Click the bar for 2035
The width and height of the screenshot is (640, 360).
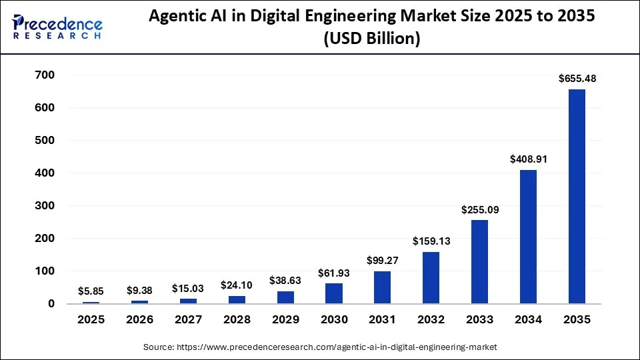tap(577, 197)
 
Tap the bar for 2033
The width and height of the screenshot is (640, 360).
tap(479, 262)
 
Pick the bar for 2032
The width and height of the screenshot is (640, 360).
tap(431, 277)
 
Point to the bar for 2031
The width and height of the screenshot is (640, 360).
tap(382, 287)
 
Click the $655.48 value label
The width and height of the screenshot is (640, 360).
tap(577, 79)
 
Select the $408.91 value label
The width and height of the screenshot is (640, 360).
tap(528, 159)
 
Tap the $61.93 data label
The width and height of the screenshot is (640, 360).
tap(333, 273)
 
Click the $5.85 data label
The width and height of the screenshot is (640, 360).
tap(91, 291)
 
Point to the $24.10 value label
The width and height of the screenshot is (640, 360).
tap(237, 285)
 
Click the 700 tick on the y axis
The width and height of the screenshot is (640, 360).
tap(45, 75)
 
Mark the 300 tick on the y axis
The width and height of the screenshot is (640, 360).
tap(45, 205)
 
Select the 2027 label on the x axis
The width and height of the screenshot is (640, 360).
tap(188, 319)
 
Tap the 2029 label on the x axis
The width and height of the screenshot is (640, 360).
tap(285, 319)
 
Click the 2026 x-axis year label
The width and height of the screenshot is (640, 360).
tap(139, 319)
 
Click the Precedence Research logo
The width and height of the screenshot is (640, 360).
tap(57, 27)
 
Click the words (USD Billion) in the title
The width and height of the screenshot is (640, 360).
tap(372, 39)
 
